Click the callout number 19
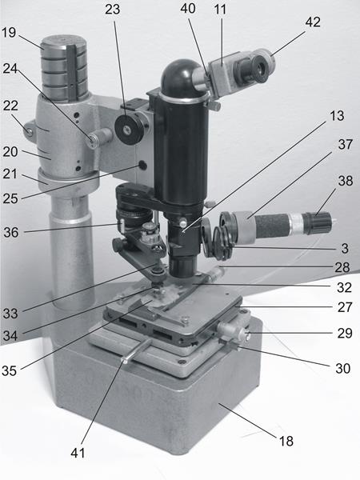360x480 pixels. (9, 33)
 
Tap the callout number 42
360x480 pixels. (313, 22)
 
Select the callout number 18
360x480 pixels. (286, 441)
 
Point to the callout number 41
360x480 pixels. (78, 453)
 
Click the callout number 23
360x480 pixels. (112, 10)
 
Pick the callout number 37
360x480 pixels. (346, 144)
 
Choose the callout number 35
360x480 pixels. (9, 370)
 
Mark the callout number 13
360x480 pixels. (337, 116)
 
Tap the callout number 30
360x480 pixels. (343, 369)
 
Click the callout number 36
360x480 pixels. (11, 232)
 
